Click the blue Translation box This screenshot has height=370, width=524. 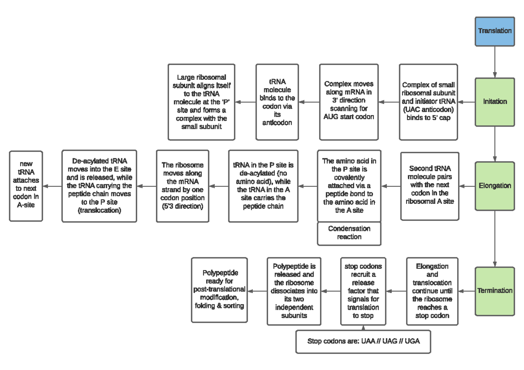pos(495,31)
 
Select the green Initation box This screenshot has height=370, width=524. pos(495,102)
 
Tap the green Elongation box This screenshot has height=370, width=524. pos(495,185)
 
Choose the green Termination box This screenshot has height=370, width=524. pos(495,290)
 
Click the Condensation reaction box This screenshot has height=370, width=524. pos(349,233)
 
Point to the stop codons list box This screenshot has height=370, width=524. pos(363,341)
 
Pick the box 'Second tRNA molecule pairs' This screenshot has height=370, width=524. pos(430,185)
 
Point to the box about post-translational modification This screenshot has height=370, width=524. pos(219,290)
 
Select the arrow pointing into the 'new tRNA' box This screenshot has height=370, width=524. pos(55,186)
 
